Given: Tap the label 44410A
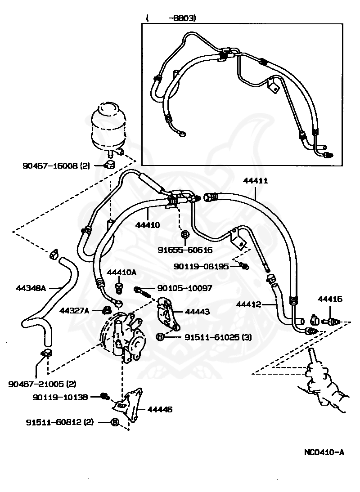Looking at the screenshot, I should click(x=121, y=272).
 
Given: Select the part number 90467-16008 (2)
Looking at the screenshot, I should click(x=56, y=165).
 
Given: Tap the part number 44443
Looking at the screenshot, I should click(x=194, y=311).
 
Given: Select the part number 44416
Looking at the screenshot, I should click(x=330, y=298).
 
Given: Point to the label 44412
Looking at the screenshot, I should click(x=249, y=304).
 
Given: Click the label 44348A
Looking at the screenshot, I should click(x=31, y=287).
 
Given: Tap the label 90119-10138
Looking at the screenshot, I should click(x=61, y=397).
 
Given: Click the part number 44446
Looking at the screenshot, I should click(x=160, y=409).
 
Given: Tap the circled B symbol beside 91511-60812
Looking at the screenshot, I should click(x=115, y=422).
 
